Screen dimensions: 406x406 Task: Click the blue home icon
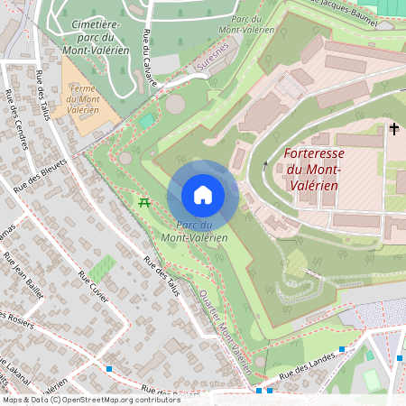pos(203,195)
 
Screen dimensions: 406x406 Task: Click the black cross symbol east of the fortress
pos(393,129)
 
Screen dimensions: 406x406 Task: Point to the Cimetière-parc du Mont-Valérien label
pos(89,38)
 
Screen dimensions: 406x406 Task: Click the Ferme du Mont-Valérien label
pos(82,102)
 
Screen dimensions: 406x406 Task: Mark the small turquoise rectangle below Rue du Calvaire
pos(146,120)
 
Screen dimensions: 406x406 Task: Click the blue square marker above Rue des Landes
pos(342,349)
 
